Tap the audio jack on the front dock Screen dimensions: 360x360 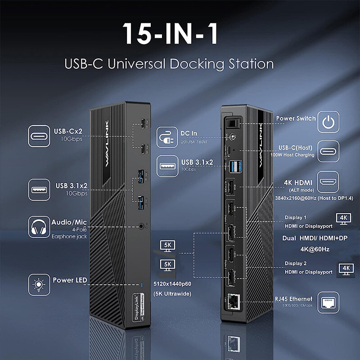143,228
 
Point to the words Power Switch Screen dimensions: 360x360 296,118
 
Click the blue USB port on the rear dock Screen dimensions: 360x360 235,166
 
